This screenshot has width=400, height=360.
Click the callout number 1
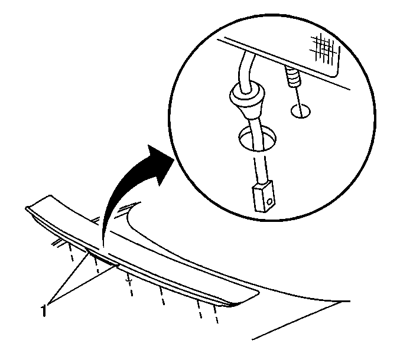[x=44, y=310]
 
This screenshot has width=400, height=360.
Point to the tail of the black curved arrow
[x=103, y=244]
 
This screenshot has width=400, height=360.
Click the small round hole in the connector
[x=269, y=202]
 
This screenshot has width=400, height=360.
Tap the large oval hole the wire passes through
[x=258, y=138]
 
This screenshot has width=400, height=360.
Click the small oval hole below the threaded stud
[x=301, y=111]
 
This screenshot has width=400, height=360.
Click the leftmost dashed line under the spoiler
[x=70, y=252]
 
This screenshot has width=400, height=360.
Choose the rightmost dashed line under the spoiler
[x=216, y=314]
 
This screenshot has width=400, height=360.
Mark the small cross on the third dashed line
[x=129, y=280]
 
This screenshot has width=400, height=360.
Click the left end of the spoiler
[x=27, y=208]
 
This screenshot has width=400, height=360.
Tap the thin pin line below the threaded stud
[x=299, y=102]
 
